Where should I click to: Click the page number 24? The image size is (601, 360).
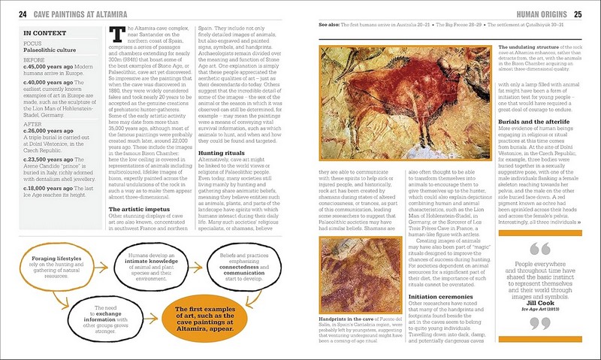(23, 13)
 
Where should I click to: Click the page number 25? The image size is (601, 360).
(577, 13)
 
